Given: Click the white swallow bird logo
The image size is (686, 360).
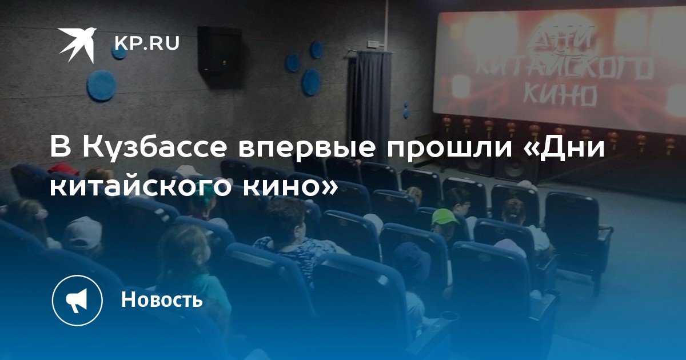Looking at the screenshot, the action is coord(78,45).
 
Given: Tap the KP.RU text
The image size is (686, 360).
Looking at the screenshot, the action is coord(147,43).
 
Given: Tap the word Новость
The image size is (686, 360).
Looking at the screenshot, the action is coord(162,299).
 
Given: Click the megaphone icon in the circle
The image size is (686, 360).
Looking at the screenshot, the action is coord(77,300).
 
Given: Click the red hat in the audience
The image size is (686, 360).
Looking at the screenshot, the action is coord(63,169).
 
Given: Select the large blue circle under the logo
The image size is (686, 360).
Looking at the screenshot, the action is coord(102,85).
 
